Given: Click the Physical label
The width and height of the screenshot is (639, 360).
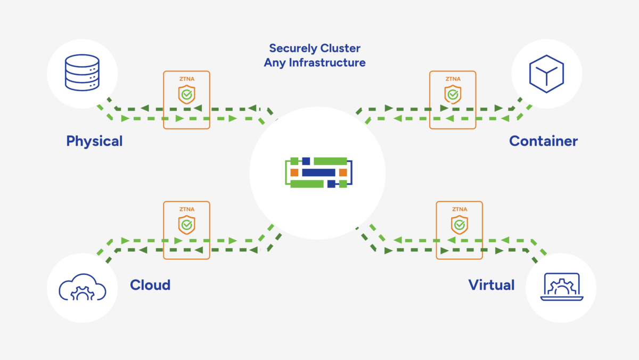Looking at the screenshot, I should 94,141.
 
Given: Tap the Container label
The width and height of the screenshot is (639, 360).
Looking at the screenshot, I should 543,141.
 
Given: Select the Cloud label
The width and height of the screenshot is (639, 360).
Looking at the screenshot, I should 150,285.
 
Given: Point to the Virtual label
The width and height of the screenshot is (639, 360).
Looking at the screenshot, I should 491,285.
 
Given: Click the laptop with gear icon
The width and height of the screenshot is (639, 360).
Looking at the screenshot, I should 561,288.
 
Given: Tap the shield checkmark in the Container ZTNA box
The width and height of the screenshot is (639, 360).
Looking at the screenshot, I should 453,95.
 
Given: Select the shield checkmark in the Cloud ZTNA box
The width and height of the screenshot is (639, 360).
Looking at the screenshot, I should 186,225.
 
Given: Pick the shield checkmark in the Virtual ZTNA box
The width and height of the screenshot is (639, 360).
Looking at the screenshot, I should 459,225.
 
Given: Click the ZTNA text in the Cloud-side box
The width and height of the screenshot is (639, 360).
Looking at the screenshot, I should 186,209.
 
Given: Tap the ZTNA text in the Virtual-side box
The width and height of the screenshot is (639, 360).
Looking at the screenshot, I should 459,209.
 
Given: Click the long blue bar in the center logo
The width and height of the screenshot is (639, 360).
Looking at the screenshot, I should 318,173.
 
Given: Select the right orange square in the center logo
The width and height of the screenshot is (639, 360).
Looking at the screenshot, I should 343,173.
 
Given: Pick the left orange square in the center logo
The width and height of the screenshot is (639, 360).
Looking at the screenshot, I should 294,173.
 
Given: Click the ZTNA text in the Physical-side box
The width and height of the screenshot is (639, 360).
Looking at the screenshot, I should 186,79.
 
